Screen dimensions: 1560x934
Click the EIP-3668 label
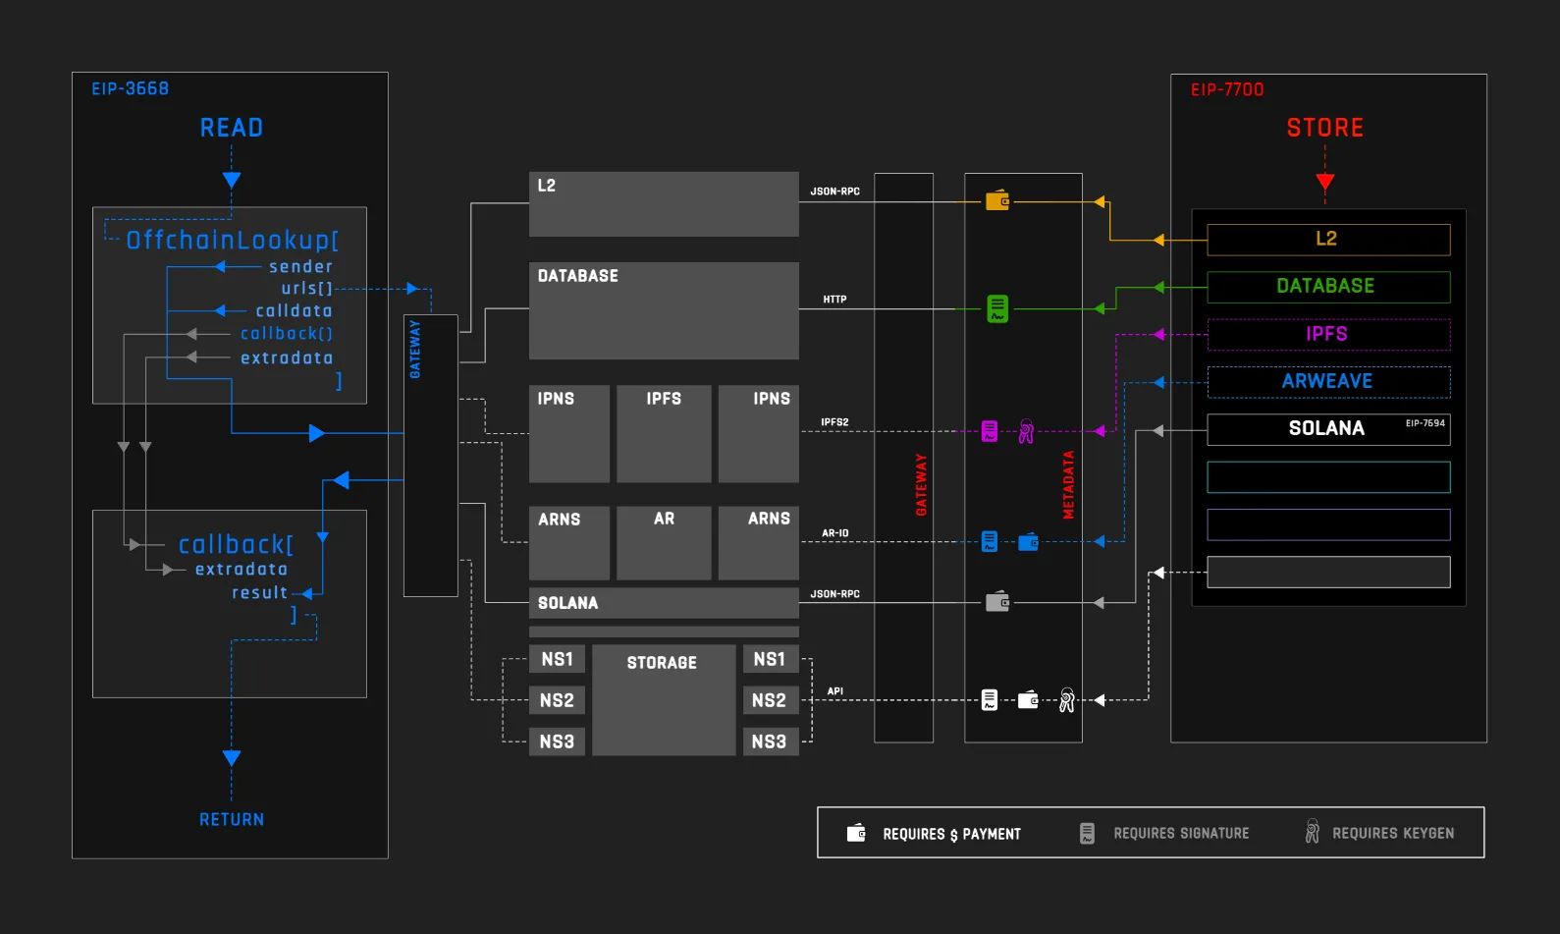131,89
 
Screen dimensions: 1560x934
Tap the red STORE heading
1324,128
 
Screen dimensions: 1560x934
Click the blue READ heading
232,128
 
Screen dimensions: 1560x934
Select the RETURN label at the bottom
232,819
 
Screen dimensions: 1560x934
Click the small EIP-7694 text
1425,422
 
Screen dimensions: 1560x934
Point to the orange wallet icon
997,200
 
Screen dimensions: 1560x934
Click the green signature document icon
997,308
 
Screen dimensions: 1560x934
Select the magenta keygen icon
1026,431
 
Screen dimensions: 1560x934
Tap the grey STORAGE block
664,699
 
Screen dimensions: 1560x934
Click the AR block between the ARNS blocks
664,542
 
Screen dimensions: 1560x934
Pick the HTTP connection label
834,300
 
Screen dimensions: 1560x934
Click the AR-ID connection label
835,533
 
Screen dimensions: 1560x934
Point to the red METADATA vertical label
1068,485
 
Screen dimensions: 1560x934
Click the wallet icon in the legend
856,832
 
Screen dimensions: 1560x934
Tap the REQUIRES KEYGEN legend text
1393,833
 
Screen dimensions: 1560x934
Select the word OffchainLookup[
232,241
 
